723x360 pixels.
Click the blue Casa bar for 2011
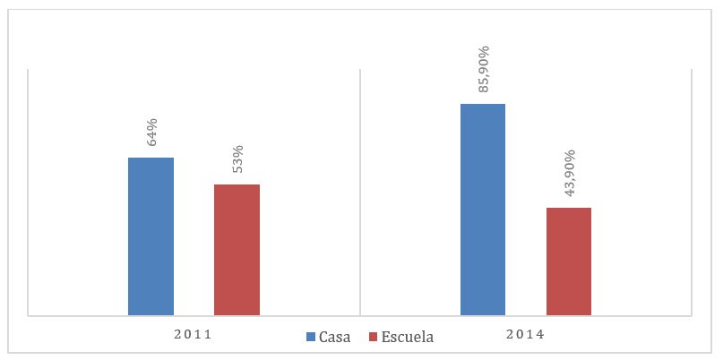(x=151, y=236)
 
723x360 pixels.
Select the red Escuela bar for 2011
(x=237, y=250)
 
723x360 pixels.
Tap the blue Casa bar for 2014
(x=483, y=210)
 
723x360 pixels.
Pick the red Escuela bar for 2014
(x=569, y=261)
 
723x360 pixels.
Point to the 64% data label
(x=151, y=133)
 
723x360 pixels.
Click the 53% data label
(x=237, y=160)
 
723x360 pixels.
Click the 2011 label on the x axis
(x=194, y=335)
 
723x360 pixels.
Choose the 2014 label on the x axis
(x=526, y=335)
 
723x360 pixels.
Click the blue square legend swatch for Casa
(x=311, y=338)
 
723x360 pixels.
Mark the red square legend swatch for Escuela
(x=373, y=338)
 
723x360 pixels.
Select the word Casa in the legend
(x=334, y=338)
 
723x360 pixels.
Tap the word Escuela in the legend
(x=407, y=338)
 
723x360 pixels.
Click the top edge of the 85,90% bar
(x=483, y=105)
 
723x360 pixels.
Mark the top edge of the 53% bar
(x=237, y=185)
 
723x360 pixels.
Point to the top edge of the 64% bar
(x=151, y=159)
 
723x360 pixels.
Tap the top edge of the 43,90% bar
(x=569, y=209)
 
